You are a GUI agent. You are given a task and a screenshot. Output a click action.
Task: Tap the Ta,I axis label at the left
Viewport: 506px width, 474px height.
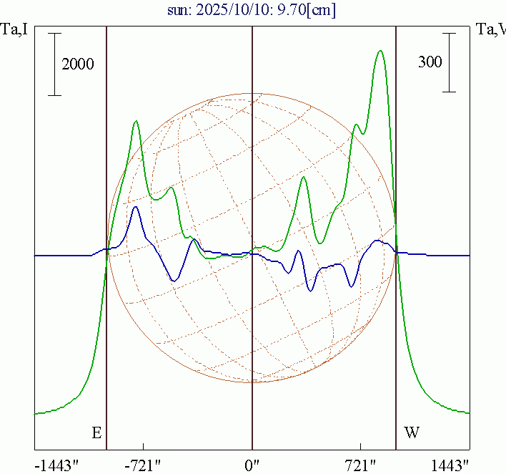tap(16, 30)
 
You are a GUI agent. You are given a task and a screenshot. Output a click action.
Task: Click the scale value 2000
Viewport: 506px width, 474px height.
tap(78, 64)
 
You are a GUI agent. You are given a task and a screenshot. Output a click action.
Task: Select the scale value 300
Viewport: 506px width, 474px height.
tap(430, 62)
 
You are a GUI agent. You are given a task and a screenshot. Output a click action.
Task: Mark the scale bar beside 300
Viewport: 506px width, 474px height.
tap(449, 62)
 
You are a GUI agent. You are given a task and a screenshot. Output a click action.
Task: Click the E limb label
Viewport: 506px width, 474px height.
tap(97, 432)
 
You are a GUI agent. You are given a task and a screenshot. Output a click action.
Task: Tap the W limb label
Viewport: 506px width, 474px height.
tap(412, 432)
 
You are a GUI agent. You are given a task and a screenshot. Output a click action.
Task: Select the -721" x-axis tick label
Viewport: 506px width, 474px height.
tap(143, 465)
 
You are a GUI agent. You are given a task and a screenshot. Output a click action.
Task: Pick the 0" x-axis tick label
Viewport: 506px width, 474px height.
tap(252, 465)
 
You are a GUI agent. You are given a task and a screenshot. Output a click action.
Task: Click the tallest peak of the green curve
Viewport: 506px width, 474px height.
tap(380, 51)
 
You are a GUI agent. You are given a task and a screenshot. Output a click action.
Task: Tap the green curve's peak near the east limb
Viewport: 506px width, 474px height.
tap(136, 121)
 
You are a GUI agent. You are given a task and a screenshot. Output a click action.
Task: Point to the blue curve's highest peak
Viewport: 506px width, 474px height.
tap(135, 208)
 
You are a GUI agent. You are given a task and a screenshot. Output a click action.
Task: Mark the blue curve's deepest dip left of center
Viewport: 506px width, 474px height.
tap(174, 281)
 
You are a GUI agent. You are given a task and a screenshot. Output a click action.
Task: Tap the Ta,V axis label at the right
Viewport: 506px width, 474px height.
tap(490, 30)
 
